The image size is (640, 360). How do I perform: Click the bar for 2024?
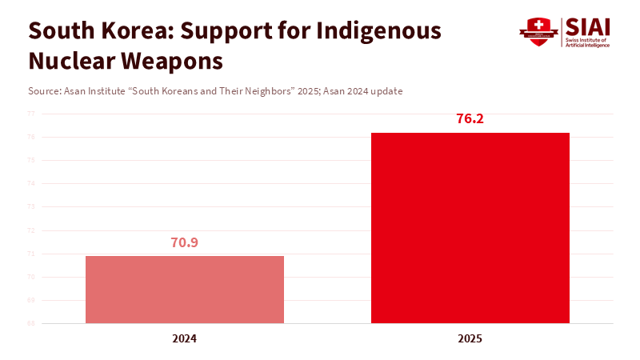185,290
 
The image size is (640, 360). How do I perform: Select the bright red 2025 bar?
470,228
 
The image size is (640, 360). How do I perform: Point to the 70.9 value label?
185,242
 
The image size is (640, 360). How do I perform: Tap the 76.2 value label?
470,119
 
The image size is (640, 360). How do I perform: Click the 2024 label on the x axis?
185,338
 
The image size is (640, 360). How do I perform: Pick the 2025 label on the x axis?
470,338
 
